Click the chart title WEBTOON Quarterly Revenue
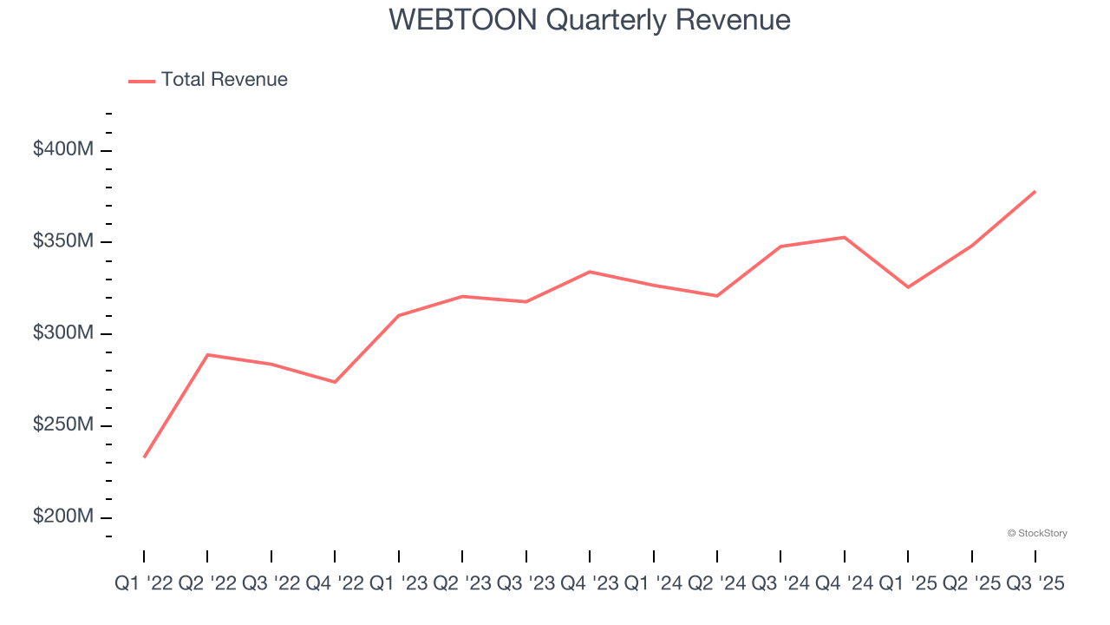[x=590, y=19]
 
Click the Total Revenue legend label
[x=224, y=80]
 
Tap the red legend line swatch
[x=141, y=81]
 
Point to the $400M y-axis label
[x=62, y=149]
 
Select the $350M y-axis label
[x=62, y=241]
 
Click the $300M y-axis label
[x=62, y=333]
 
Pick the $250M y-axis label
[x=62, y=425]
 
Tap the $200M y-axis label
[x=62, y=516]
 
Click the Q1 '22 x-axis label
[x=144, y=584]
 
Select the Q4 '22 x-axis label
[x=335, y=584]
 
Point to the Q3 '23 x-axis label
[x=526, y=584]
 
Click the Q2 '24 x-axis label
[x=717, y=584]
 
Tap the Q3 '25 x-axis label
[x=1035, y=584]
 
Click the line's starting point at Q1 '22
[x=144, y=457]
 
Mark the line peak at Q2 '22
[x=207, y=354]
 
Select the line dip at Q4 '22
[x=335, y=382]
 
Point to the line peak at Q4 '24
[x=845, y=237]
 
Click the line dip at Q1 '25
[x=908, y=287]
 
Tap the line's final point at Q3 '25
[x=1035, y=191]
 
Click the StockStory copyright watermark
[x=1037, y=533]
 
